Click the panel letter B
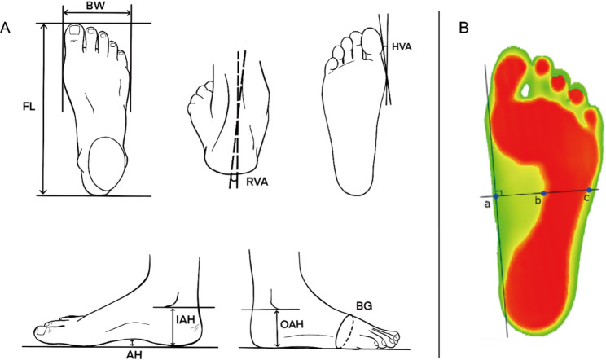[x=463, y=29]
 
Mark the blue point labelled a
[x=496, y=197]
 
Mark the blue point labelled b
[x=543, y=194]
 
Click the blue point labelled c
[x=589, y=190]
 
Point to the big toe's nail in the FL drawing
[x=76, y=31]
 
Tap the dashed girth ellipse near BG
[x=348, y=331]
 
